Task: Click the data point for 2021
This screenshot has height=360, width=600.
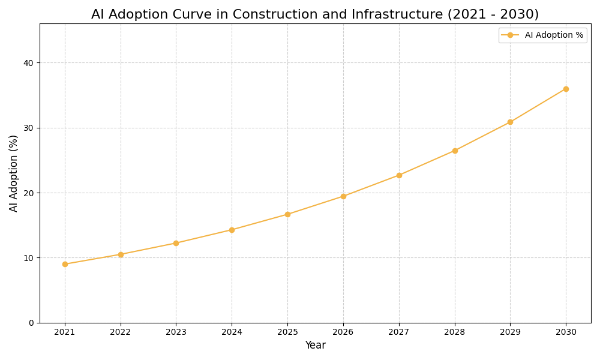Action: coord(65,264)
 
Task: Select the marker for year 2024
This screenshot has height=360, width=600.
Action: coord(232,230)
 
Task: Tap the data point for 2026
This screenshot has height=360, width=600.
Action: coord(343,196)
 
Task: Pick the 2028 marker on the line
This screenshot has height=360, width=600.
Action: coord(455,151)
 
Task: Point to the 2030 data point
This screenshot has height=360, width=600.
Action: coord(566,89)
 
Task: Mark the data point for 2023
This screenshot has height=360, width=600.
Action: coord(176,243)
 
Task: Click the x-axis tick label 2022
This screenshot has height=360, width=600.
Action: coord(121,332)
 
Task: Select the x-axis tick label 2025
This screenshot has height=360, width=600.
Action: coord(287,332)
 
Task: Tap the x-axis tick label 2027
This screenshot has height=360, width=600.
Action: coord(399,332)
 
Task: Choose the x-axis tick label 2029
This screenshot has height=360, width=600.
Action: coord(510,332)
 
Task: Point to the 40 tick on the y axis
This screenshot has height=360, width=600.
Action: coord(29,63)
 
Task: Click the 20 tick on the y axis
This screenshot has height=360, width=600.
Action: coord(29,193)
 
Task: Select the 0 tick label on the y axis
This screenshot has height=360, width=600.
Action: coord(31,323)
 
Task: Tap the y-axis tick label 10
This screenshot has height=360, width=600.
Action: coord(29,258)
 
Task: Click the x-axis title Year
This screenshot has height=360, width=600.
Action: coord(315,346)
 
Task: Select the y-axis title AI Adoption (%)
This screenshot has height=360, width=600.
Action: coord(14,173)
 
